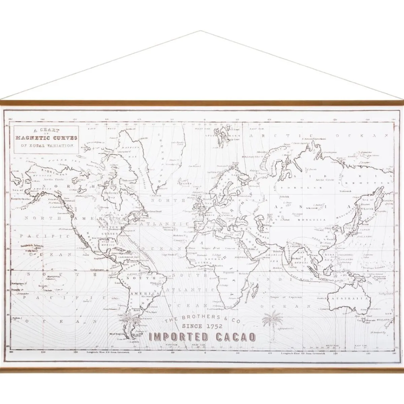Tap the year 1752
[x=212, y=326]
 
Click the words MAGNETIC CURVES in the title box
[x=46, y=138]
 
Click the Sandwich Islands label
[x=32, y=246]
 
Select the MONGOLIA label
[x=315, y=220]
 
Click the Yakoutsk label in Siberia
[x=345, y=191]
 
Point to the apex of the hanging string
[x=201, y=31]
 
